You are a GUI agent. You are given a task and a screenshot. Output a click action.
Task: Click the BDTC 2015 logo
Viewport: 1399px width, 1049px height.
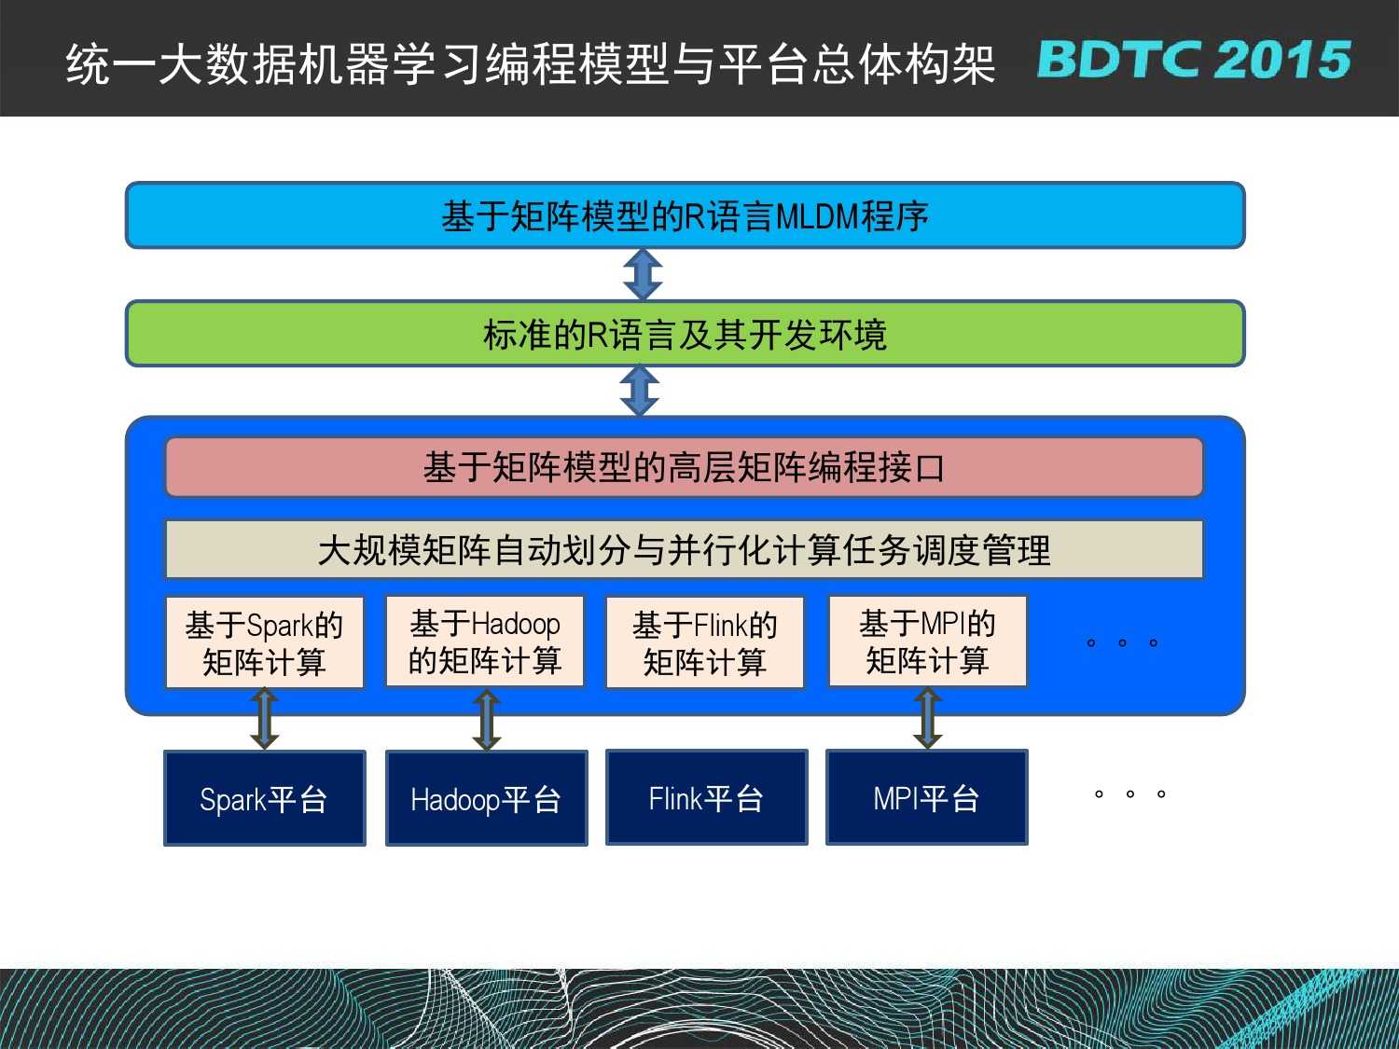tap(1194, 60)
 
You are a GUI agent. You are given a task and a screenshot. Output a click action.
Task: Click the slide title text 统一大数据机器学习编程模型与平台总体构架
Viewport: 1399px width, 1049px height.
tap(531, 63)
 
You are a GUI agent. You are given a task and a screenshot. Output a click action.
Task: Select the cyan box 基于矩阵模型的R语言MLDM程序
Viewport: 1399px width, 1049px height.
tap(686, 215)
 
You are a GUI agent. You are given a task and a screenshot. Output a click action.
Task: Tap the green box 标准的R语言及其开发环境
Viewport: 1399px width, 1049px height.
tap(686, 334)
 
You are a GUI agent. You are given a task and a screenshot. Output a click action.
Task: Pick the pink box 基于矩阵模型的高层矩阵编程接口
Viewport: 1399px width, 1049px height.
tap(684, 467)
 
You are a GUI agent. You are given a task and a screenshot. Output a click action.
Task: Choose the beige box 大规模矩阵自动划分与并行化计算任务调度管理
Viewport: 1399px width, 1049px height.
tap(684, 549)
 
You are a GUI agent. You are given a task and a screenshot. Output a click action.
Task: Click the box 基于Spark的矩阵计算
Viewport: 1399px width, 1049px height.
tap(265, 642)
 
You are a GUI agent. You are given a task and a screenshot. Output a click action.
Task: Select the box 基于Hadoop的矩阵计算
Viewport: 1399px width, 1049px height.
tap(485, 641)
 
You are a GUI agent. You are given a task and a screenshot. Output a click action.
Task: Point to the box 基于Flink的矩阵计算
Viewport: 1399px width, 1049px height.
tap(705, 642)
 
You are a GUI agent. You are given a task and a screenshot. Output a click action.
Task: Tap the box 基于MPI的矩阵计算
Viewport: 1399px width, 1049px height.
tap(927, 641)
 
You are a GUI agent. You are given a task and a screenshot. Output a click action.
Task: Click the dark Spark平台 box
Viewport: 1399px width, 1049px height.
tap(265, 798)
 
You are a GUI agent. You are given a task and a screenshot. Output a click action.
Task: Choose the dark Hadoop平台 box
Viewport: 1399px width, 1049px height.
tap(486, 798)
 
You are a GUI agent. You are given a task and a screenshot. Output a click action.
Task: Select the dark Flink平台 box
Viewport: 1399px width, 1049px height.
tap(706, 797)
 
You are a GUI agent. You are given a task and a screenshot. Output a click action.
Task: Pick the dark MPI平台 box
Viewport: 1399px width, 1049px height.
tap(927, 797)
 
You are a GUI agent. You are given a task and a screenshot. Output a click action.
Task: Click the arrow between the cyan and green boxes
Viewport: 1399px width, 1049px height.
tap(643, 274)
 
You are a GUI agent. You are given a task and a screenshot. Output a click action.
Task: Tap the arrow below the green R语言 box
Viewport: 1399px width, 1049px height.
tap(639, 391)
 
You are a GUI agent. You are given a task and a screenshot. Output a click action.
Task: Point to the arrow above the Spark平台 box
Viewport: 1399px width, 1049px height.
tap(265, 718)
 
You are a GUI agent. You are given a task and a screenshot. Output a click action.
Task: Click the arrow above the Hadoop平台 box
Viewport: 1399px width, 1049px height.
tap(486, 719)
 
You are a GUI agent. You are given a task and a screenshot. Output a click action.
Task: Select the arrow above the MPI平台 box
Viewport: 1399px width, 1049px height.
tap(927, 718)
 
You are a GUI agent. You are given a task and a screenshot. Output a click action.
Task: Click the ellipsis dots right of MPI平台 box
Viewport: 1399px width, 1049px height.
tap(1130, 794)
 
